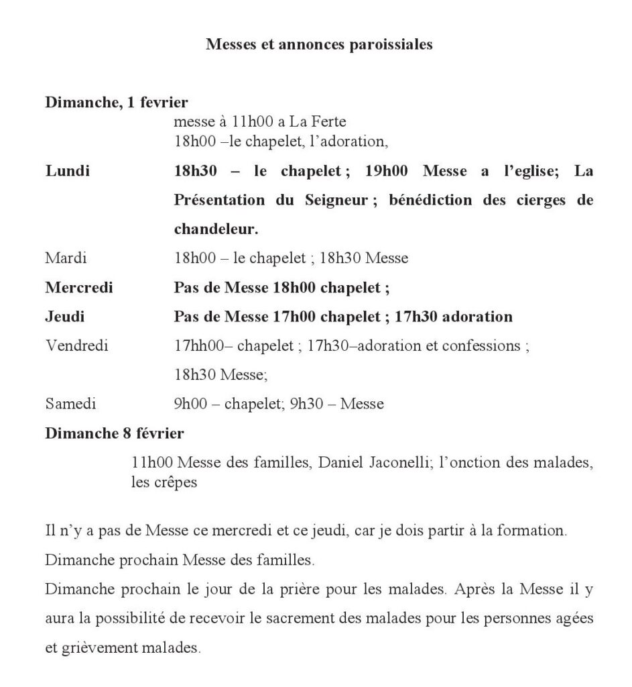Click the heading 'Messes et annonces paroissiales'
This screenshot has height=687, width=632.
(318, 44)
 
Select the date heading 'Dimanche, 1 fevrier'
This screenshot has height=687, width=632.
(116, 103)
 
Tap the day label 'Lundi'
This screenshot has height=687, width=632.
(67, 171)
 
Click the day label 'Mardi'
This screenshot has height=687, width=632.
(66, 258)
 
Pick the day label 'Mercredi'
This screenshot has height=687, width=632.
(78, 288)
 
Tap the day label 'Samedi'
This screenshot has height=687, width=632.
(70, 404)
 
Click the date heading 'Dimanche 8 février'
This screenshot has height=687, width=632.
(114, 433)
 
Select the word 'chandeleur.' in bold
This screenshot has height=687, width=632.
(215, 229)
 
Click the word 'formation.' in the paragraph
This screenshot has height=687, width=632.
(538, 529)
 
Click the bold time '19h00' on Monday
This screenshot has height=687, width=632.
(387, 171)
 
